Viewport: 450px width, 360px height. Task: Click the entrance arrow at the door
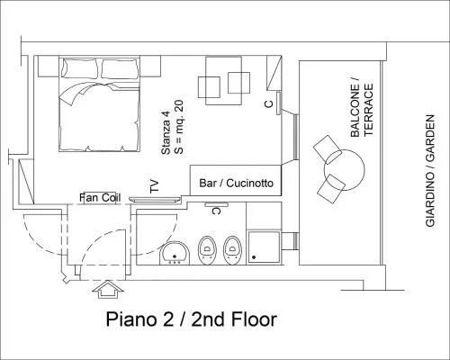pyautogui.click(x=108, y=289)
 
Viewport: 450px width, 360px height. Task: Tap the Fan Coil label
pyautogui.click(x=100, y=198)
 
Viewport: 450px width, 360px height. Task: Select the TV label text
pyautogui.click(x=154, y=186)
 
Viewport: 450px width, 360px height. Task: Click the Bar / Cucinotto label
pyautogui.click(x=237, y=183)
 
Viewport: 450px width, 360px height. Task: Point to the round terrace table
pyautogui.click(x=344, y=170)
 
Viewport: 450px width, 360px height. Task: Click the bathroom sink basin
pyautogui.click(x=175, y=253)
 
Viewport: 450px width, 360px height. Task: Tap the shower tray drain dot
pyautogui.click(x=254, y=257)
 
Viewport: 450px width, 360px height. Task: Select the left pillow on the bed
pyautogui.click(x=80, y=68)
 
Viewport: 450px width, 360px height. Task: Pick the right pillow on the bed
pyautogui.click(x=121, y=69)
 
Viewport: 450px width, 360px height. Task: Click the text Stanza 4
pyautogui.click(x=166, y=133)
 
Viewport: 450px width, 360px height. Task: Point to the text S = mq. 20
pyautogui.click(x=178, y=127)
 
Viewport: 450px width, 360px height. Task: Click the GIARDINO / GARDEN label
pyautogui.click(x=430, y=171)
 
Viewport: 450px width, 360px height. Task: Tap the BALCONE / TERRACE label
pyautogui.click(x=362, y=110)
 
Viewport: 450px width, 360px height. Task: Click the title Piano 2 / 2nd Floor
pyautogui.click(x=192, y=319)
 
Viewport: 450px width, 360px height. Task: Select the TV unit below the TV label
pyautogui.click(x=155, y=200)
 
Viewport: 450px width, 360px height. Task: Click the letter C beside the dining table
pyautogui.click(x=269, y=104)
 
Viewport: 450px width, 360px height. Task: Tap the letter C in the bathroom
pyautogui.click(x=216, y=211)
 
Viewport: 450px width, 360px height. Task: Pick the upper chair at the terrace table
pyautogui.click(x=328, y=149)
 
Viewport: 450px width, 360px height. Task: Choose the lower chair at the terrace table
pyautogui.click(x=331, y=189)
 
